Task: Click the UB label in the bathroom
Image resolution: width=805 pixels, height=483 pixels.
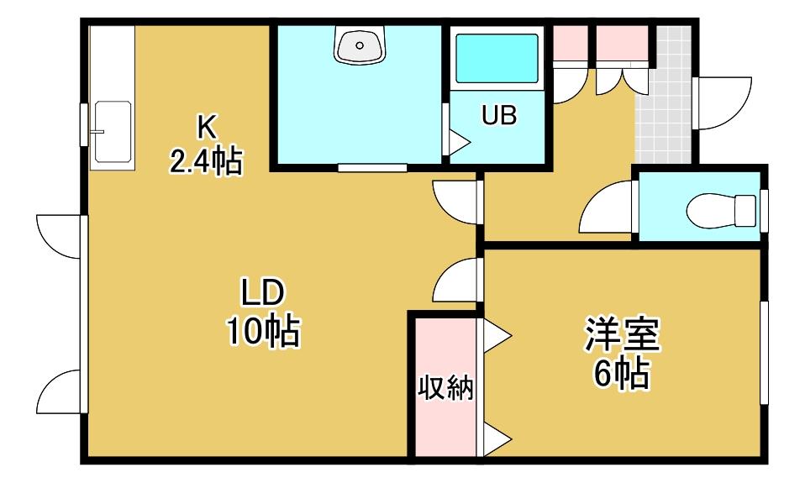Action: tap(499, 116)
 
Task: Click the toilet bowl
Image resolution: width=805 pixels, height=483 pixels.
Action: tap(723, 209)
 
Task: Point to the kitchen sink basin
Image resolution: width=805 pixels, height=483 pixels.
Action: tap(112, 131)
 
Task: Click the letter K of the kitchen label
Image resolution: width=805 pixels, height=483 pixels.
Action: tap(207, 127)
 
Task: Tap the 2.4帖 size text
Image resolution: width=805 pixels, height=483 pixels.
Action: tap(207, 160)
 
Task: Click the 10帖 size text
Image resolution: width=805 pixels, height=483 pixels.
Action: tap(263, 333)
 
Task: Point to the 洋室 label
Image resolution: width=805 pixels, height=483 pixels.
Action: tap(623, 335)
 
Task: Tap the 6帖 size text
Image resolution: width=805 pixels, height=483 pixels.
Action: tap(623, 373)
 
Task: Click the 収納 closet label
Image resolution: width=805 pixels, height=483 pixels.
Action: tap(446, 389)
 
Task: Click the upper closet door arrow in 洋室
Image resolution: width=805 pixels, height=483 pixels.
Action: tap(495, 337)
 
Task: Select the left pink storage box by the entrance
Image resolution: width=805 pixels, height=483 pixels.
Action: tap(570, 42)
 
